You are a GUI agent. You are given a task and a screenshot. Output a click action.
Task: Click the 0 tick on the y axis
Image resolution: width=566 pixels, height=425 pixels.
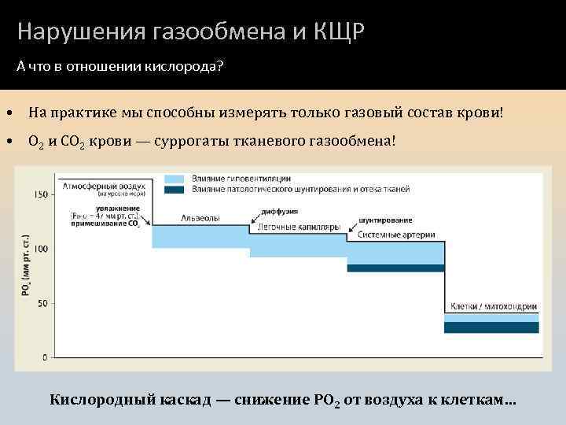coord(44,357)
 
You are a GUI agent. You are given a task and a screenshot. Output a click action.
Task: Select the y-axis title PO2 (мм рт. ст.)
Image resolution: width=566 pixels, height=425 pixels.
coord(25,264)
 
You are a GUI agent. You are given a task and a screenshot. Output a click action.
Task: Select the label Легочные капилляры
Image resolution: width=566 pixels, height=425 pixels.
coord(297,227)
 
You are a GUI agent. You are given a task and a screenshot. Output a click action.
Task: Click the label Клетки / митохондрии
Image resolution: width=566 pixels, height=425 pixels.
coord(493,306)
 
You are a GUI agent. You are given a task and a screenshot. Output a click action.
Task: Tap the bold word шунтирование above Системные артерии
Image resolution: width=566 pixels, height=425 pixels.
coord(385,220)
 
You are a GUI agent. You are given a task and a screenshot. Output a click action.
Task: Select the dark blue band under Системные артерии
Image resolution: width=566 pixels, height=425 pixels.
coord(395,268)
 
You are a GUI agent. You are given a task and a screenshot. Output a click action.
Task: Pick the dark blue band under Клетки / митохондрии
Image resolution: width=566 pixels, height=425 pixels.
coord(491,327)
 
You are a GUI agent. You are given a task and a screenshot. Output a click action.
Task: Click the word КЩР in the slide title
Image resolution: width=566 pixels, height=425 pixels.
coord(339,31)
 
